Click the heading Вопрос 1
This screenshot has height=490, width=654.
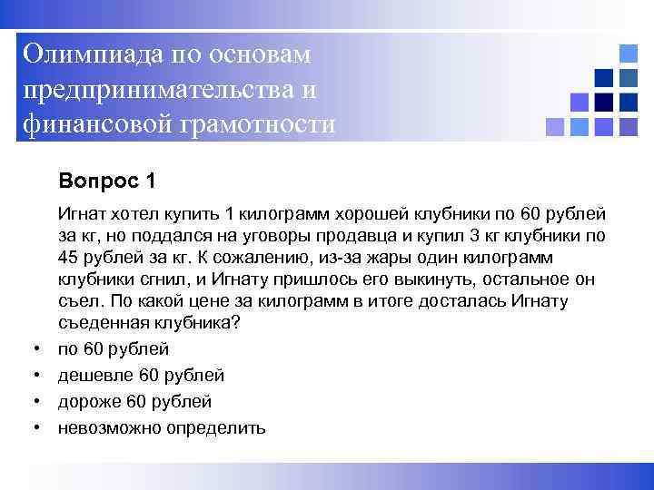pyautogui.click(x=106, y=181)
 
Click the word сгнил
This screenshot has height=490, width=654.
pyautogui.click(x=164, y=280)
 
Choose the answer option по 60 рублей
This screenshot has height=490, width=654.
pyautogui.click(x=113, y=348)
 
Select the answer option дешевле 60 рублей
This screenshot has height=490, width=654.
pyautogui.click(x=141, y=375)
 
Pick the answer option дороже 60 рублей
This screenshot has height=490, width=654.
pyautogui.click(x=134, y=401)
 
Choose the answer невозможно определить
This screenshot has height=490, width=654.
pyautogui.click(x=162, y=427)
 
